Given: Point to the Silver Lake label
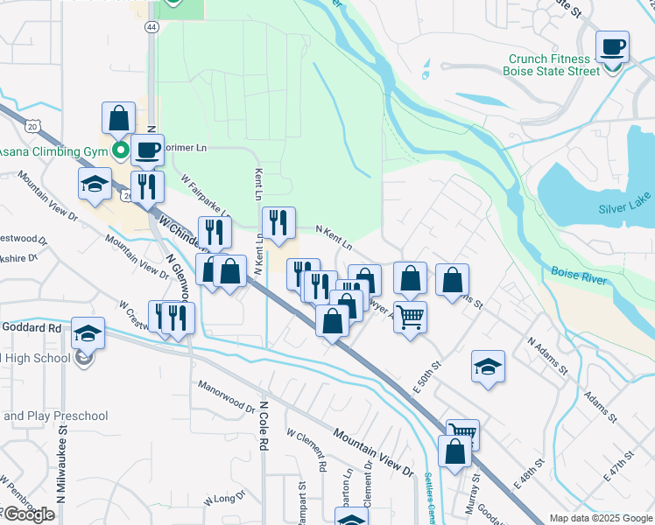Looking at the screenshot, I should [x=625, y=209].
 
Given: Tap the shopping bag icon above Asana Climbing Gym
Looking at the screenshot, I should [x=118, y=118].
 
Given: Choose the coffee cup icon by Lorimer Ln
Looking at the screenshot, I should [x=148, y=150].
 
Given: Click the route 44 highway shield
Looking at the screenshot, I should [x=152, y=27].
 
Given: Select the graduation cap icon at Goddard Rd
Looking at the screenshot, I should [x=88, y=333].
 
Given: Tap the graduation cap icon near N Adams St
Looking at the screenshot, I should [x=488, y=367].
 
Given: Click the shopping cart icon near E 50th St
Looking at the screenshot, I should [x=409, y=316].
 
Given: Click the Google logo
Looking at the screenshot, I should [x=29, y=514].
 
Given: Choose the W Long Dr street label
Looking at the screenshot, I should [x=225, y=500].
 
